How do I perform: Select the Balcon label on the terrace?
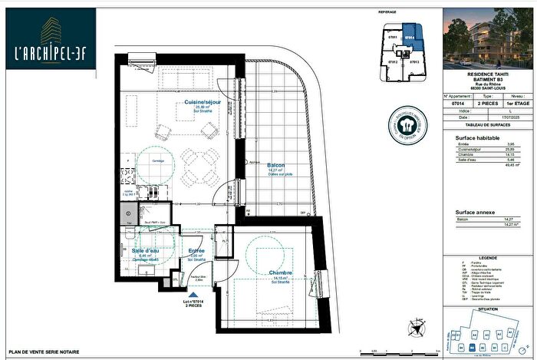(x=276, y=165)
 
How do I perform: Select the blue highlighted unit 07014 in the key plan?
(x=410, y=35)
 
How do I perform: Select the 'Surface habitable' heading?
(x=467, y=137)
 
